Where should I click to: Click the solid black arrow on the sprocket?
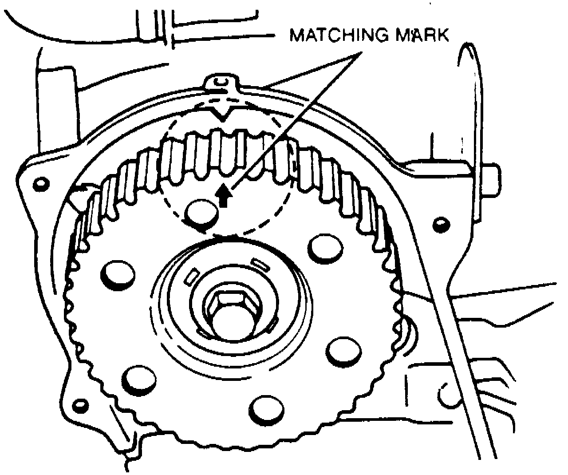tap(225, 196)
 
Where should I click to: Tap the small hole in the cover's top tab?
tap(221, 81)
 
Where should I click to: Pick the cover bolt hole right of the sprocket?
tap(441, 222)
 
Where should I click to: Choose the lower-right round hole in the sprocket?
tap(345, 350)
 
